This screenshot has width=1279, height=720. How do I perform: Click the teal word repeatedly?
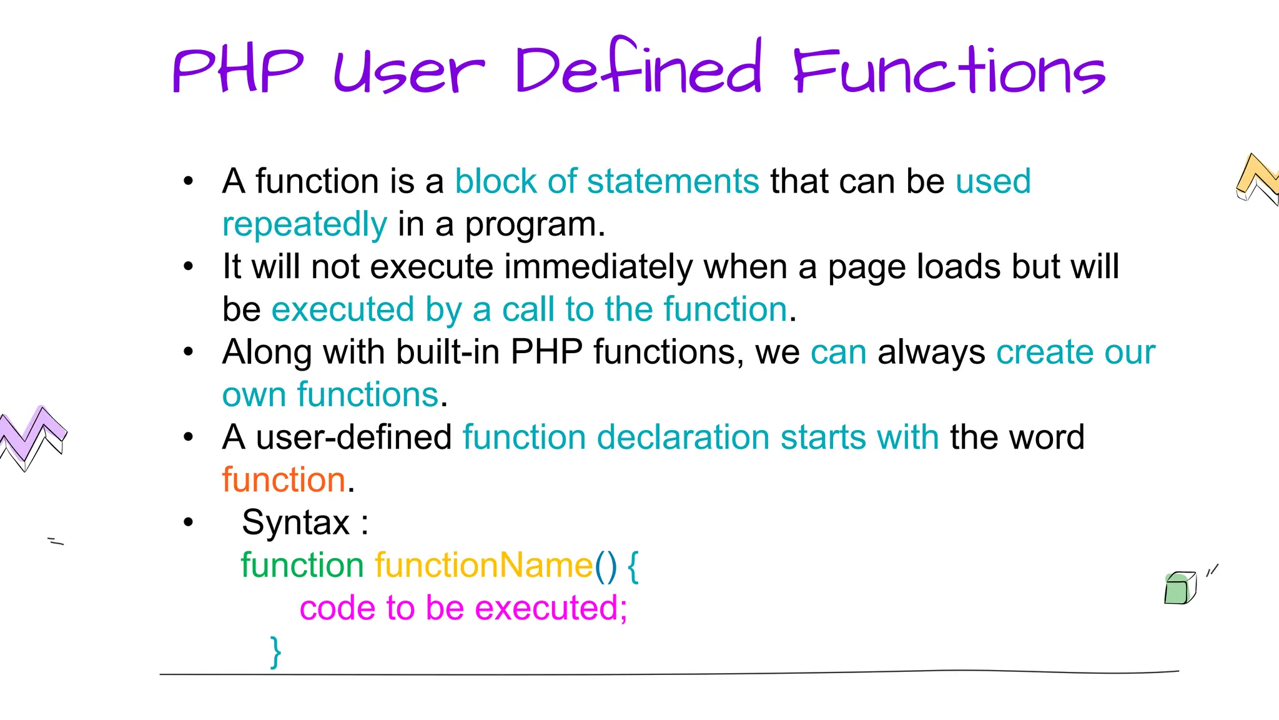tap(305, 224)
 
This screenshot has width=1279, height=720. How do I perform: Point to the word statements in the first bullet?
tap(673, 181)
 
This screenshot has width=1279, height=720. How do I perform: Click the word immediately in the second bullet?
tap(598, 267)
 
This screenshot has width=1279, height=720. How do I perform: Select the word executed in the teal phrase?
tap(343, 309)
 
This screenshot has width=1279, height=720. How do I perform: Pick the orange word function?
tap(284, 480)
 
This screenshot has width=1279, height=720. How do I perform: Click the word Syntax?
tap(296, 522)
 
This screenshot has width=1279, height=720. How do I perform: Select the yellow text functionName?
tap(483, 566)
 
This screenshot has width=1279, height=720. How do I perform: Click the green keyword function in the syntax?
tap(302, 566)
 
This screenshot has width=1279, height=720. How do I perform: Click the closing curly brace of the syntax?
tap(275, 652)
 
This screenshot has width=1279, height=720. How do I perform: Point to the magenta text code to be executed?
tap(463, 608)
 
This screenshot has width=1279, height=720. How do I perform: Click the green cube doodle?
tap(1179, 589)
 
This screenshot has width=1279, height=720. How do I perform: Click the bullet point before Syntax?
tap(189, 522)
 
